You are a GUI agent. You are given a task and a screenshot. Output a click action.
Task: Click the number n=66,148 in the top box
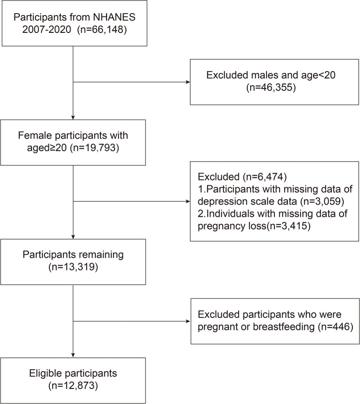pyautogui.click(x=102, y=30)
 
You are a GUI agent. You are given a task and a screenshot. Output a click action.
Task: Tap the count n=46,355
pyautogui.click(x=271, y=88)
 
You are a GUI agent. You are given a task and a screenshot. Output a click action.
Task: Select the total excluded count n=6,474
pyautogui.click(x=265, y=177)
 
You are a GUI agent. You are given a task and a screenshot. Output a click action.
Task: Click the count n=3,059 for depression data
pyautogui.click(x=322, y=201)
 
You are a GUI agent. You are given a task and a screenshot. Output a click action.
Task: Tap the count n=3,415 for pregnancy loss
pyautogui.click(x=288, y=226)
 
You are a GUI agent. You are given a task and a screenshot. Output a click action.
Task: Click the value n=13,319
pyautogui.click(x=73, y=267)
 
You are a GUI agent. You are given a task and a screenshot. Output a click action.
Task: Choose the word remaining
pyautogui.click(x=102, y=254)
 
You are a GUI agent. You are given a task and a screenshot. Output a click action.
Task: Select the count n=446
pyautogui.click(x=335, y=327)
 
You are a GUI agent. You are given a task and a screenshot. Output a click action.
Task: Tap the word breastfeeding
pyautogui.click(x=284, y=327)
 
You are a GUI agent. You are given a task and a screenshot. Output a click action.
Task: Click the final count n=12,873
pyautogui.click(x=73, y=386)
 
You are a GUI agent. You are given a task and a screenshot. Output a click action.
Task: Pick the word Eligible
pyautogui.click(x=45, y=374)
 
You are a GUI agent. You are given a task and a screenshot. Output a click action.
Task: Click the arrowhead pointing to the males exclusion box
pyautogui.click(x=188, y=82)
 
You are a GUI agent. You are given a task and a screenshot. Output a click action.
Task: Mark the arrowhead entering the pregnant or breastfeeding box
pyautogui.click(x=188, y=321)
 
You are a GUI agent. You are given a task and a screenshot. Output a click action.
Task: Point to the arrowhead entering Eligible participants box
pyautogui.click(x=73, y=355)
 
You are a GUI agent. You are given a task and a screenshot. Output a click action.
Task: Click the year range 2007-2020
pyautogui.click(x=46, y=30)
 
